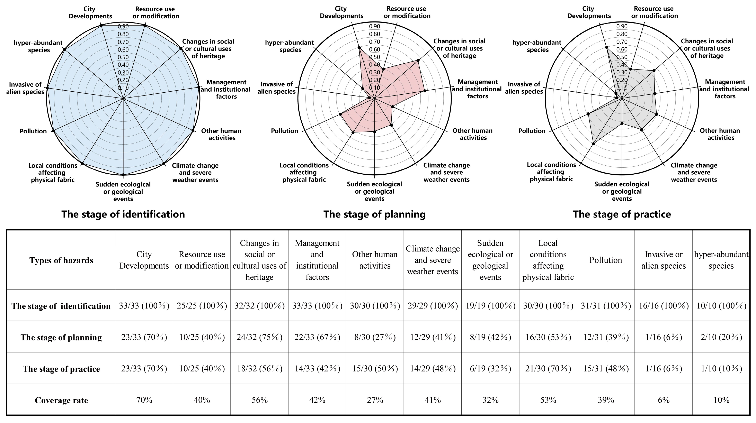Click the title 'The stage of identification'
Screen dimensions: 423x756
(123, 214)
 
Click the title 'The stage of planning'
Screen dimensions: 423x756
(374, 214)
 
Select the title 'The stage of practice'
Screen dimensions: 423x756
(622, 214)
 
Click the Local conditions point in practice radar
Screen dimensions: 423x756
(593, 144)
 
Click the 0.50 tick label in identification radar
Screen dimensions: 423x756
(123, 57)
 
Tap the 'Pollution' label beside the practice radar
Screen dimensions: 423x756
(532, 131)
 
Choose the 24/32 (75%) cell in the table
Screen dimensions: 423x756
(259, 337)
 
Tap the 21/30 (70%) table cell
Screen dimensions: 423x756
(548, 369)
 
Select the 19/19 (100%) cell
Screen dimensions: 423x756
(490, 306)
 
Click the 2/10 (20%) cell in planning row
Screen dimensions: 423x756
(721, 337)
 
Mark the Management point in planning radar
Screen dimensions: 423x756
(425, 91)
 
